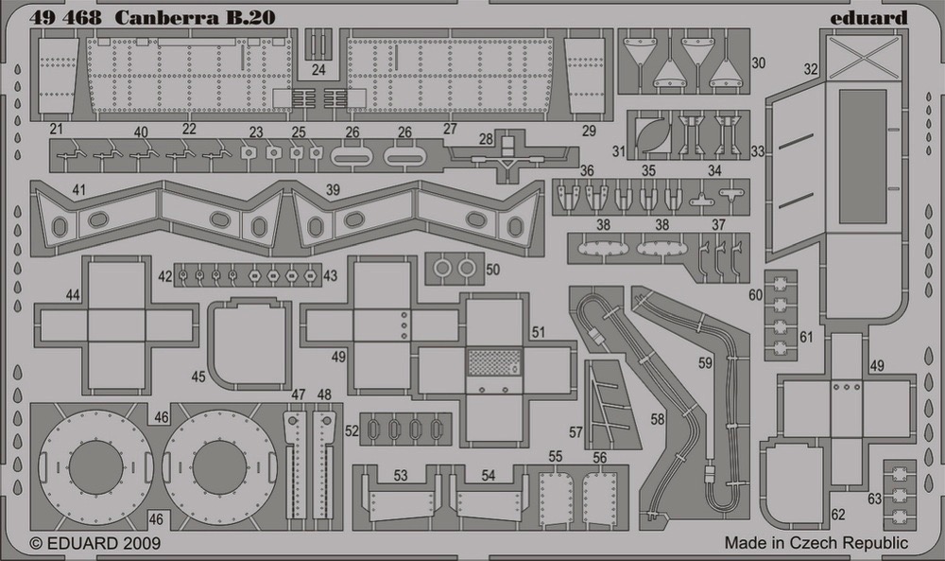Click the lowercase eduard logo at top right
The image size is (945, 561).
(x=868, y=17)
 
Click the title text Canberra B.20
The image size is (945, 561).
(x=195, y=17)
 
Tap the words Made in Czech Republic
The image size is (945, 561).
(x=816, y=542)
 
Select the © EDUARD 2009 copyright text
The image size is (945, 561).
(x=95, y=543)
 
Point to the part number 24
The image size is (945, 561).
(x=318, y=70)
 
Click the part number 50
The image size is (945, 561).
(x=493, y=269)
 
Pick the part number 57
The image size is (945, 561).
(x=576, y=432)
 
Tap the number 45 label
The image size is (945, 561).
(x=198, y=377)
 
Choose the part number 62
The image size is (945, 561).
(x=837, y=515)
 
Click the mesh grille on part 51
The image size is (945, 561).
(x=494, y=362)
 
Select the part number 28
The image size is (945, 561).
(x=486, y=139)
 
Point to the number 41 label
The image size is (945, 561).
(x=78, y=190)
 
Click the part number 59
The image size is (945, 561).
(x=705, y=363)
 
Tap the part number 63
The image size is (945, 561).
(x=874, y=499)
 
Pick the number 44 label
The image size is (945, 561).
(x=73, y=295)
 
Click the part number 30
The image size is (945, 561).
(x=758, y=62)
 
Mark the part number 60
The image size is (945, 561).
(x=755, y=295)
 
